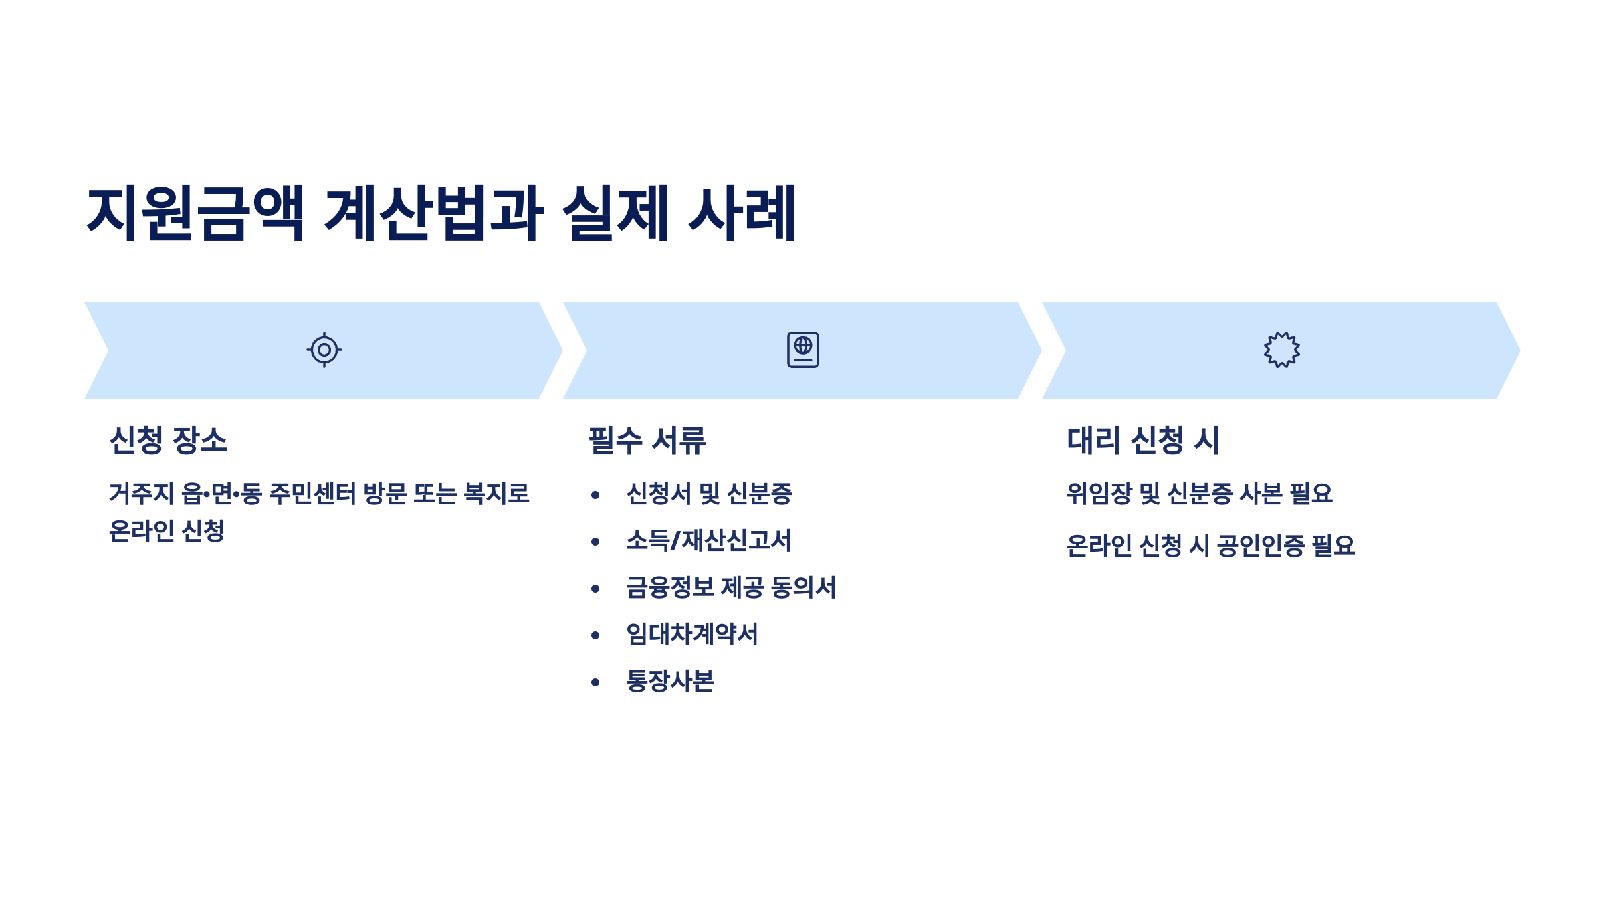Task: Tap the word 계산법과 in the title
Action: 433,213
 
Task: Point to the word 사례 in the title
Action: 742,213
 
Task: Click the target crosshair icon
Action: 324,350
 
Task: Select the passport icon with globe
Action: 802,350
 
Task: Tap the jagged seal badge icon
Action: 1281,350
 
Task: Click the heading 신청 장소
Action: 169,441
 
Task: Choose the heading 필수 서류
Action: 647,441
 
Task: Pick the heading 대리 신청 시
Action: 1144,441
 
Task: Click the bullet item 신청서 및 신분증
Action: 709,494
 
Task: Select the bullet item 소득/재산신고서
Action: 708,541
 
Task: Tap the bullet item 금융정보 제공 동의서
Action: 730,588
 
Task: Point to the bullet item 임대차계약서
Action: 691,635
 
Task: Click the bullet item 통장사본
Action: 670,682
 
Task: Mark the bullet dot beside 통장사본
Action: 595,682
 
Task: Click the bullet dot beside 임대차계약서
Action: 595,635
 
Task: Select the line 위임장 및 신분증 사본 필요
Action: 1199,494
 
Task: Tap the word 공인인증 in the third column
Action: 1260,546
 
